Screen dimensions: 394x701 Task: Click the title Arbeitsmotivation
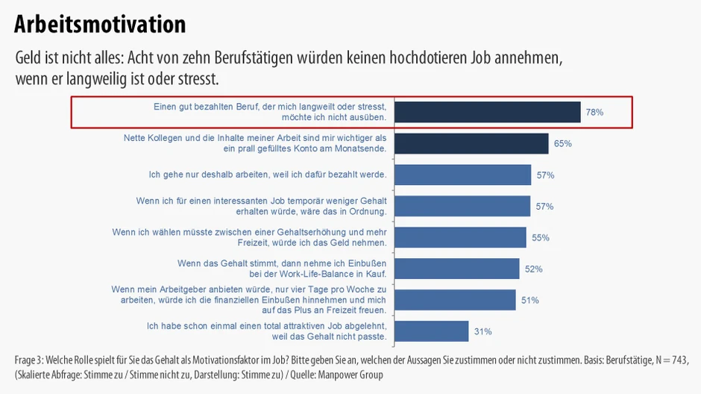100,24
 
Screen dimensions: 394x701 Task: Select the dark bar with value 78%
486,112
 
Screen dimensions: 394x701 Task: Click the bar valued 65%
471,143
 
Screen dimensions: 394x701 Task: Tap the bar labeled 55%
459,237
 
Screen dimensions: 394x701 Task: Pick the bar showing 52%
456,269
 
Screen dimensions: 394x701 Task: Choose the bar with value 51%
454,300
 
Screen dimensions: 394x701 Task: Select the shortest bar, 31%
430,331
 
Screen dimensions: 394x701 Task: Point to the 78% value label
594,112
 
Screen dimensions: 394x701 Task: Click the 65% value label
562,143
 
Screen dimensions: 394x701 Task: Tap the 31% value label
482,331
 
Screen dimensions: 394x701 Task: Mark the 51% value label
529,300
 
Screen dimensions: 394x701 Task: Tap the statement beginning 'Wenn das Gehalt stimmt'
281,269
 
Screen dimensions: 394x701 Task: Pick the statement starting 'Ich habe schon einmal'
266,331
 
